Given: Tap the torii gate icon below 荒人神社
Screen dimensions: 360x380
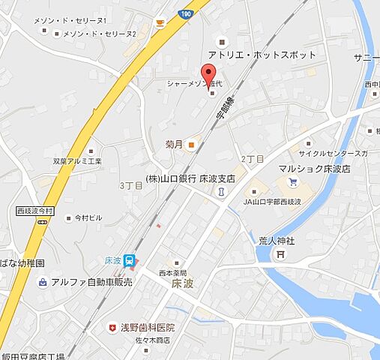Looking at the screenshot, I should pos(280,254).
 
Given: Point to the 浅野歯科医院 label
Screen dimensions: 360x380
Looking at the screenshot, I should pos(147,328).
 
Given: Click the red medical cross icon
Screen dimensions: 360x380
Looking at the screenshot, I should pos(113,328).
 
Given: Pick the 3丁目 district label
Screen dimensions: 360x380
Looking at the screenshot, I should pos(130,184).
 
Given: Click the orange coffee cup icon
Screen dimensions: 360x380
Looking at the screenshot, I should pos(160,23).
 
